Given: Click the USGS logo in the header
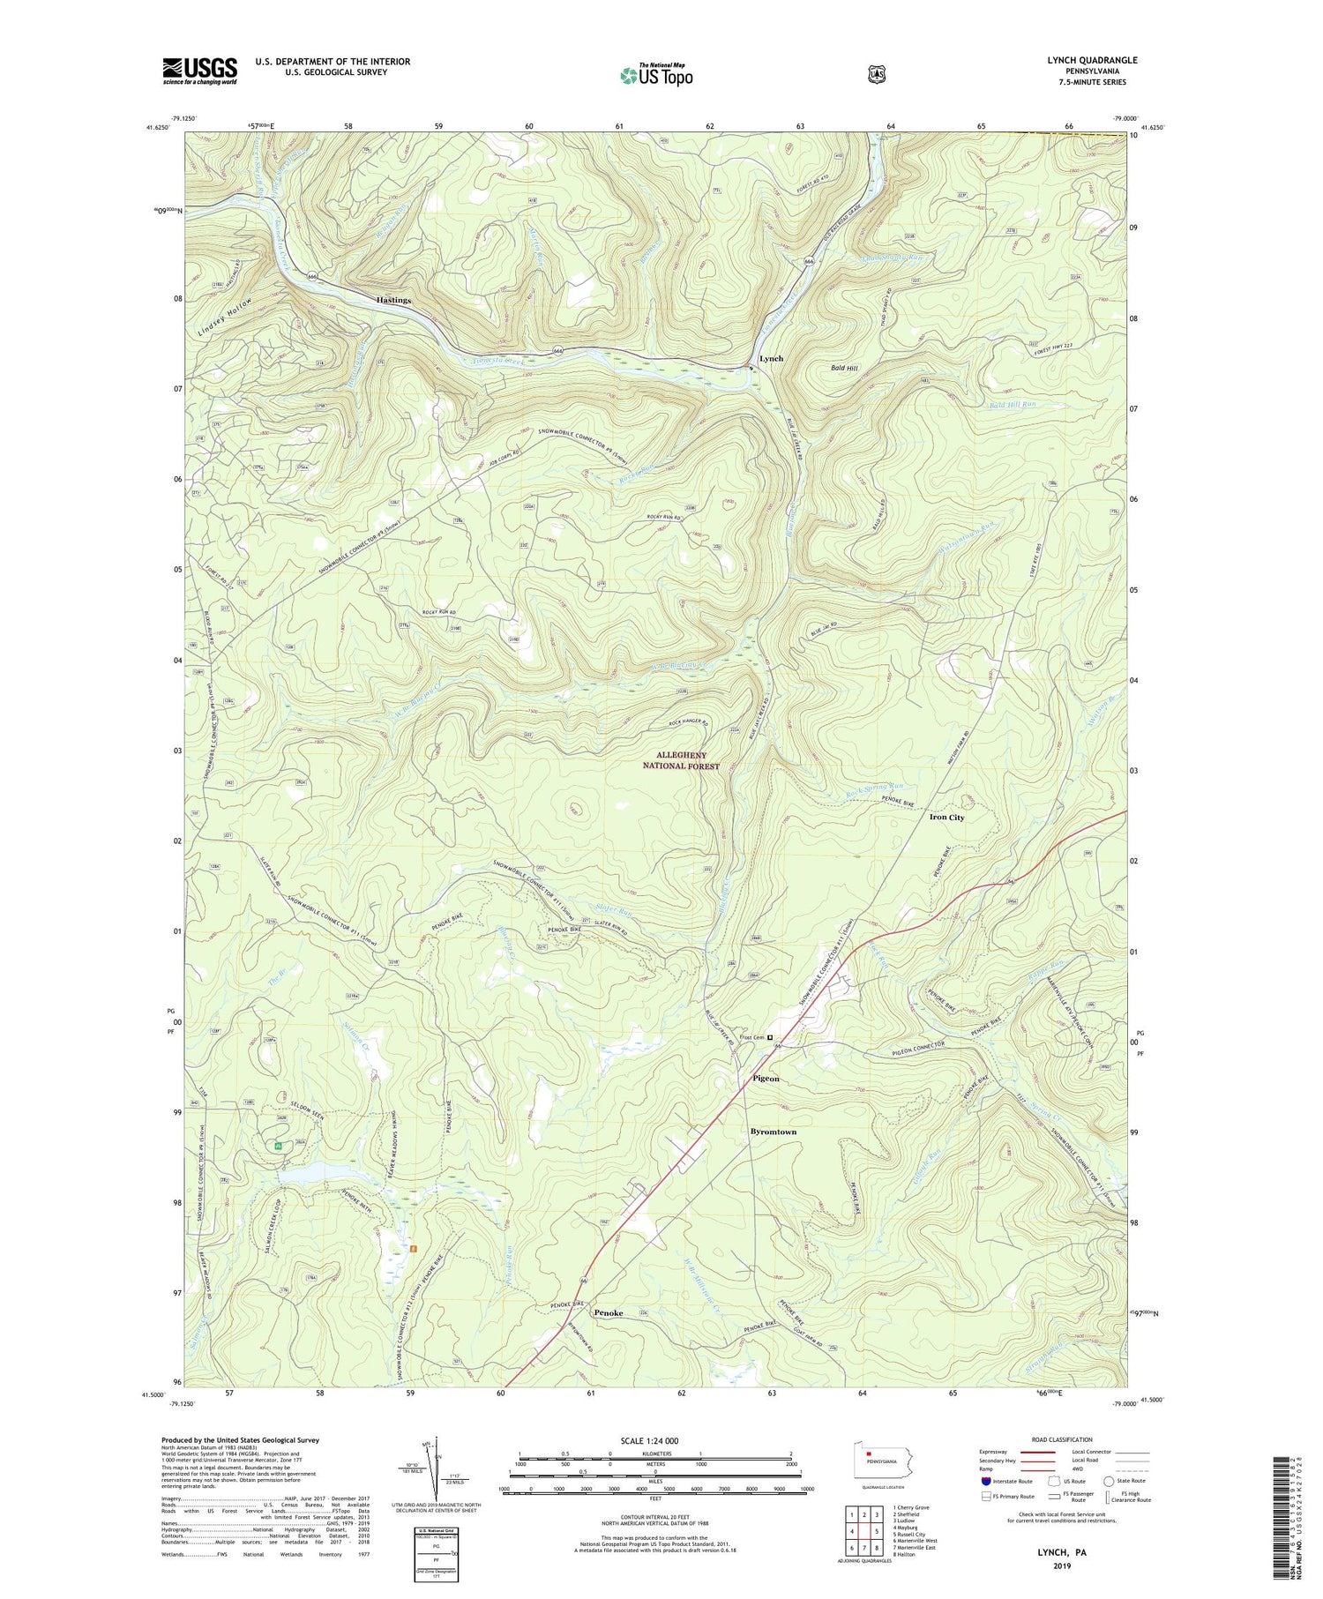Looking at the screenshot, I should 199,71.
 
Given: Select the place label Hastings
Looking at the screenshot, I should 393,300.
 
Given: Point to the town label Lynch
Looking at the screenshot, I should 771,359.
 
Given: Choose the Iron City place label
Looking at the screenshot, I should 946,818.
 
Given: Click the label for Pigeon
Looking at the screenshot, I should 766,1079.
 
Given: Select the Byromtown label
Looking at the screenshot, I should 773,1132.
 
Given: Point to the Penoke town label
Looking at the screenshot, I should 609,1313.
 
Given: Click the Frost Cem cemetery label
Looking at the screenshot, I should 751,1038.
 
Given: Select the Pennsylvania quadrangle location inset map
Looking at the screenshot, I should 878,1461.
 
